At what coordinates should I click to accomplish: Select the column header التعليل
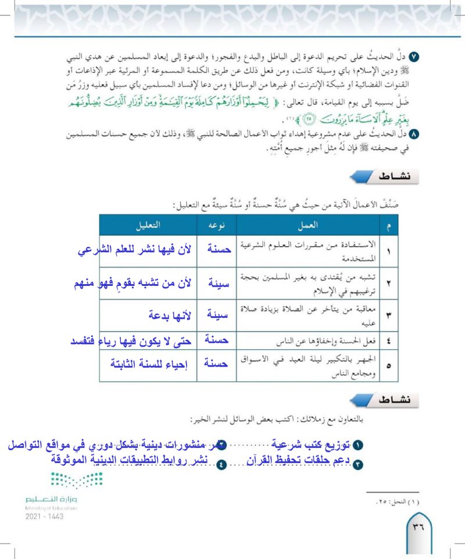149,224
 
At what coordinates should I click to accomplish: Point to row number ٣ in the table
388,314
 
